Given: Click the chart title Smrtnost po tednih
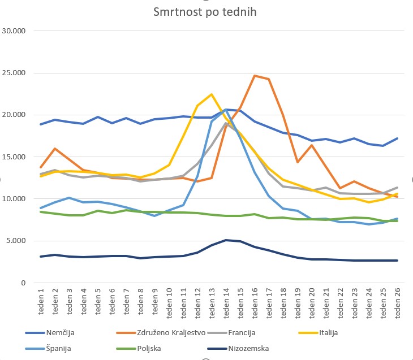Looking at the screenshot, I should click(x=205, y=12).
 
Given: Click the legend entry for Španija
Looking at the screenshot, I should click(x=59, y=349).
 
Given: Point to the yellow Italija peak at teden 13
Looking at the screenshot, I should click(x=212, y=94).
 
